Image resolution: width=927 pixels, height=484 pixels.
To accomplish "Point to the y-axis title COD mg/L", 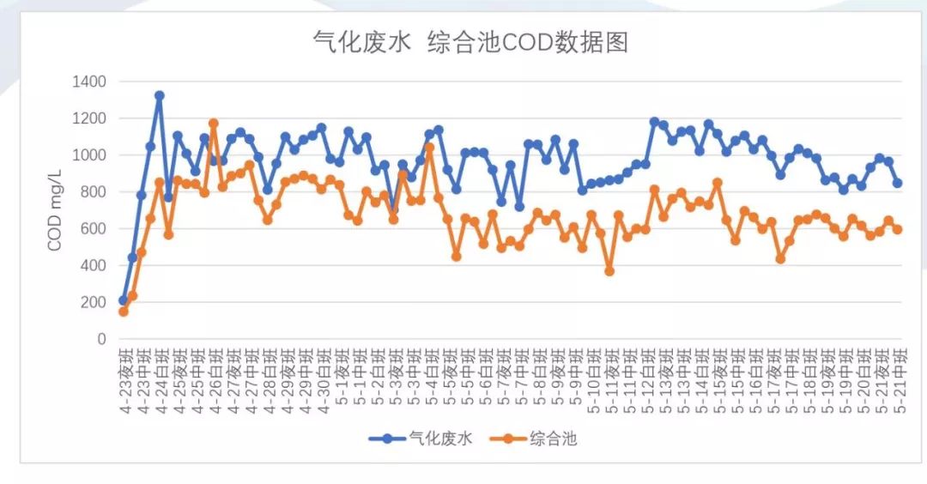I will [x=55, y=210].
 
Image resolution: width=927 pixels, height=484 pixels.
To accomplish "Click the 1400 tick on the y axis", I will [x=89, y=82].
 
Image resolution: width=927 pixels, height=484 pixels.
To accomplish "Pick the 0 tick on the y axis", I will [x=101, y=339].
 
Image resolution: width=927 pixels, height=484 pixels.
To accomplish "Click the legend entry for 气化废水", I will [x=421, y=439].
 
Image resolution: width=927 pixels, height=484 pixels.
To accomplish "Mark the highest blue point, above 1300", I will [x=160, y=95].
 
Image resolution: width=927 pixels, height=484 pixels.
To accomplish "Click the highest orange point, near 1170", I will [x=214, y=124].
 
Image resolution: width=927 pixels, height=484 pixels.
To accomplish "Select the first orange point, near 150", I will [x=123, y=312].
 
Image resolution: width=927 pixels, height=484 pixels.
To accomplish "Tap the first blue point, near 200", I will [x=123, y=300].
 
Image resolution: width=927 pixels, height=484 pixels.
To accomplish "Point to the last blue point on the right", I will [x=898, y=183].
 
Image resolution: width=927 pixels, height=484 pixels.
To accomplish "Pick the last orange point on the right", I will [x=898, y=229].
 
